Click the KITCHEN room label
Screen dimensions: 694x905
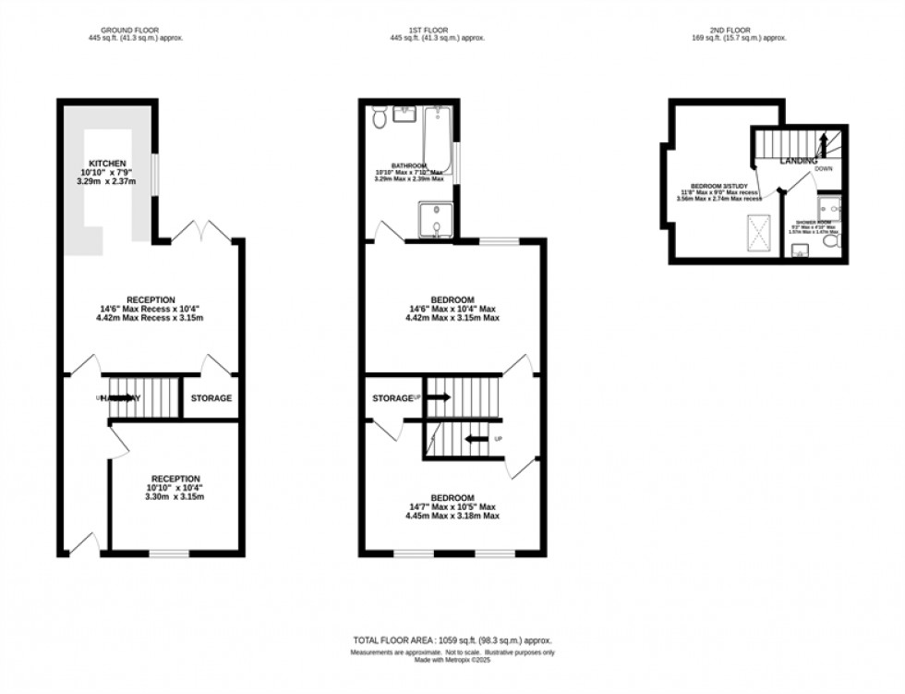pyautogui.click(x=107, y=164)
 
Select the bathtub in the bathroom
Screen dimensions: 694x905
pyautogui.click(x=437, y=139)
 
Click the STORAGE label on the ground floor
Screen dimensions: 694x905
pyautogui.click(x=211, y=398)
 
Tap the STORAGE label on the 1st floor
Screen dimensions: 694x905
pyautogui.click(x=392, y=398)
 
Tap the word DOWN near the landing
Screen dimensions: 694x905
pyautogui.click(x=823, y=170)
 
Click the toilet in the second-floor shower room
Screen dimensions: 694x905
pyautogui.click(x=831, y=241)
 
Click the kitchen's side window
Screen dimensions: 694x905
pyautogui.click(x=154, y=171)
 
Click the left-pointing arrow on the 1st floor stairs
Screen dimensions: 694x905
pyautogui.click(x=477, y=439)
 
